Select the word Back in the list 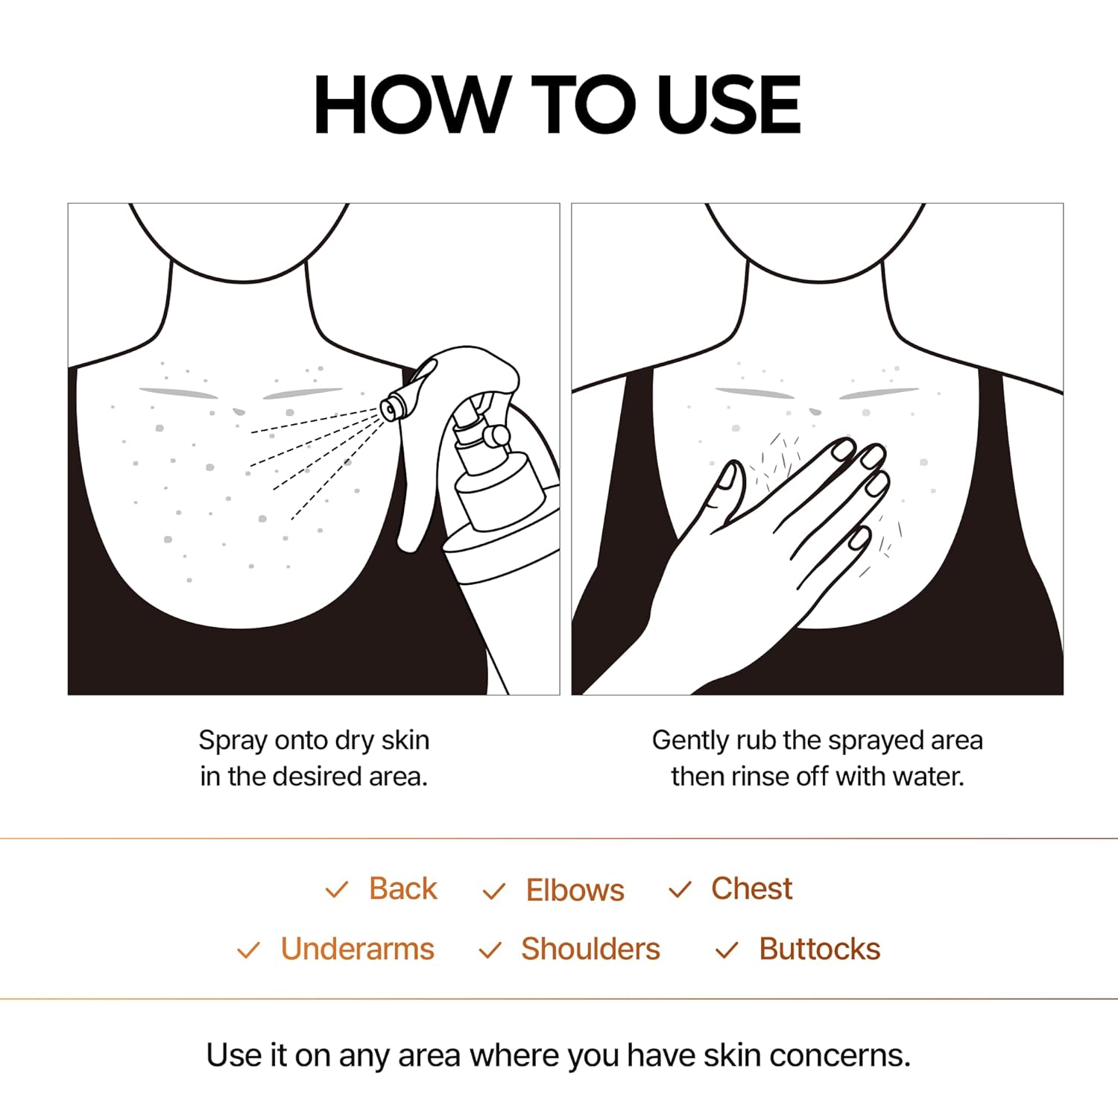coord(402,888)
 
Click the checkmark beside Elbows coord(493,891)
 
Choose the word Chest coord(751,888)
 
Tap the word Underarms coord(357,949)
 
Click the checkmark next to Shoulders coord(490,950)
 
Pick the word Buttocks coord(819,949)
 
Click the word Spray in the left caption coord(233,741)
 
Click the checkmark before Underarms coord(247,950)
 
